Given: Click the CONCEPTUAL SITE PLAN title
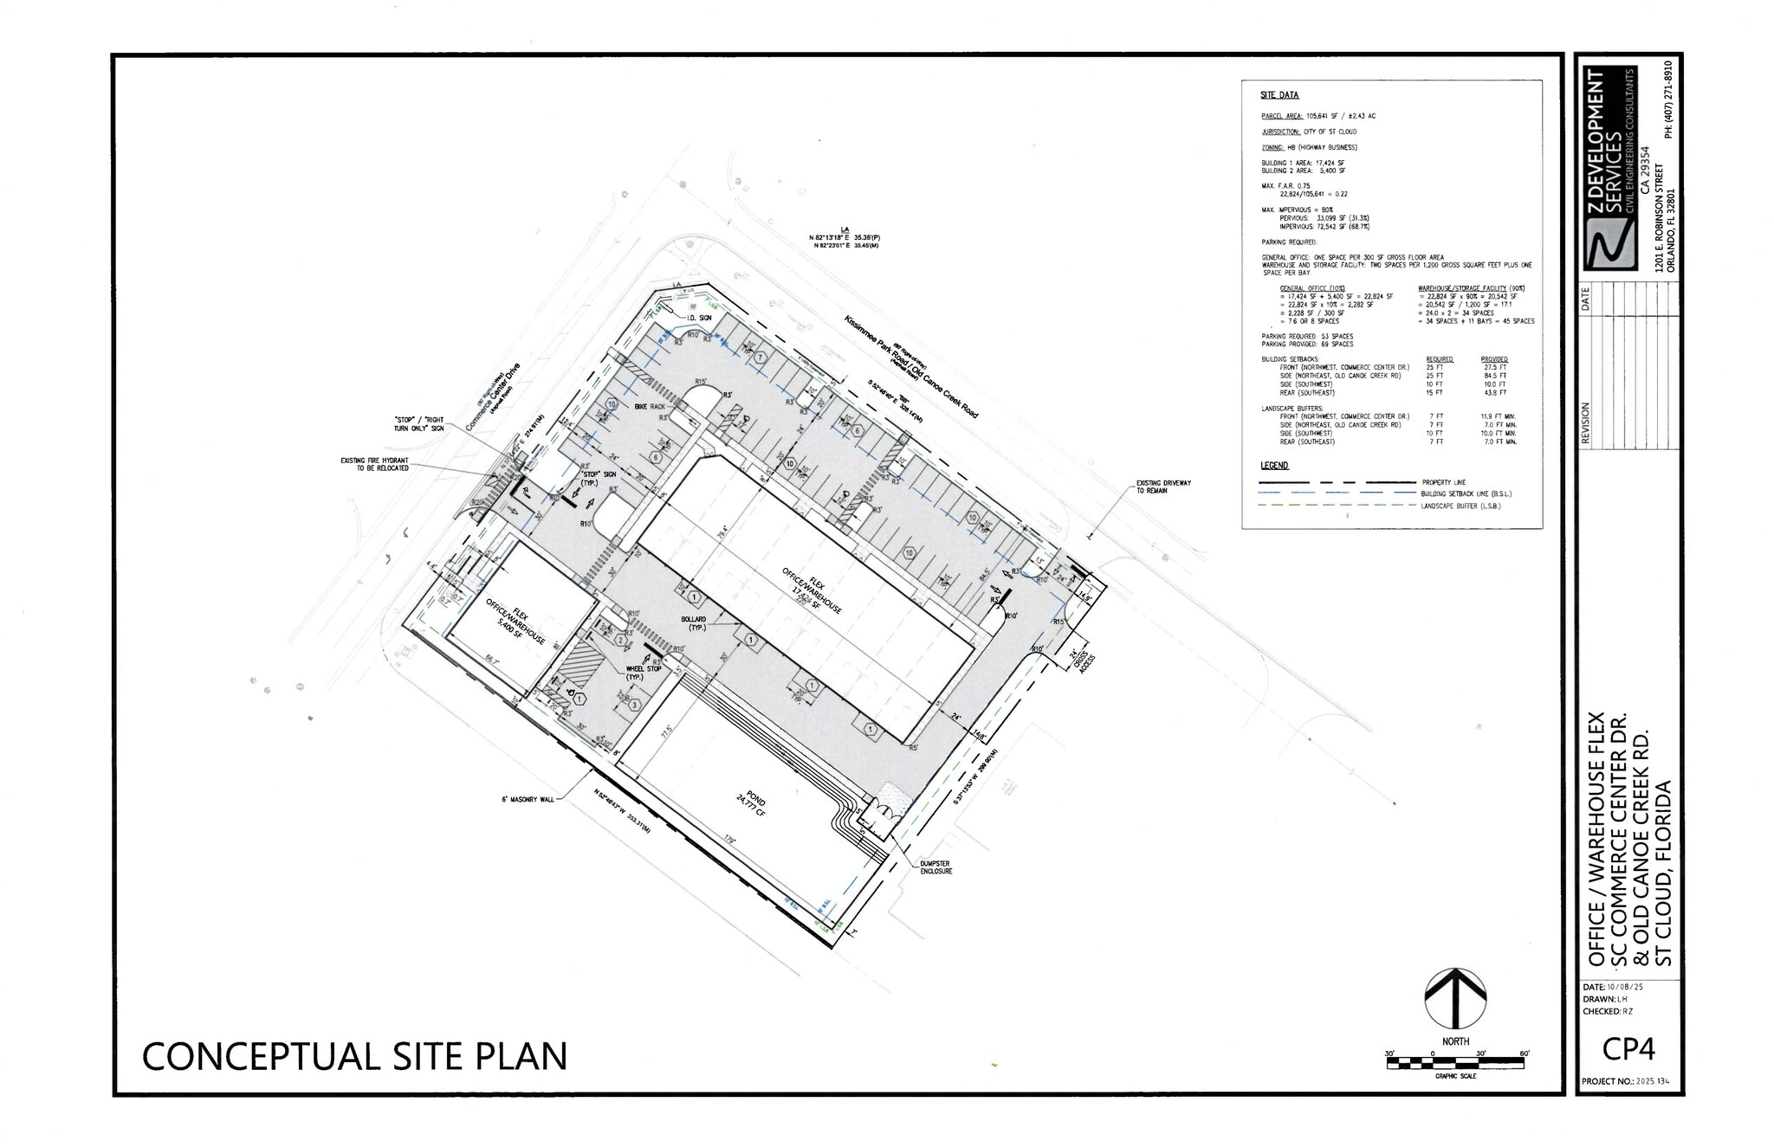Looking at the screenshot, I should tap(354, 1056).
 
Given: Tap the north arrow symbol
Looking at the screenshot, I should tap(1455, 999).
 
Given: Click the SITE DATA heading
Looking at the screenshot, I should tap(1279, 95).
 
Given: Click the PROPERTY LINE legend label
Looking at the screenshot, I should tap(1443, 482).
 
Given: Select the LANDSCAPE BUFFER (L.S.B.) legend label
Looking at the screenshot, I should tap(1460, 506).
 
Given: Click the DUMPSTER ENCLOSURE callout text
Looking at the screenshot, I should tap(936, 867).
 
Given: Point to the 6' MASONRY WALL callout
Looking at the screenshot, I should tap(529, 800).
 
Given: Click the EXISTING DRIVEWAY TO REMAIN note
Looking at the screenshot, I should tap(1163, 487).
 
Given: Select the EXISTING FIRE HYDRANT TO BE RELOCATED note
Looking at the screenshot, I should tap(374, 464).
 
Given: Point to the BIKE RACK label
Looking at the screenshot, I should tap(650, 406).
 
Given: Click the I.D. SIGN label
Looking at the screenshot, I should tap(698, 318).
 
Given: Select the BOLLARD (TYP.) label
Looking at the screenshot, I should tap(693, 623).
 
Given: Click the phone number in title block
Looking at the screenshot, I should tap(1667, 99).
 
